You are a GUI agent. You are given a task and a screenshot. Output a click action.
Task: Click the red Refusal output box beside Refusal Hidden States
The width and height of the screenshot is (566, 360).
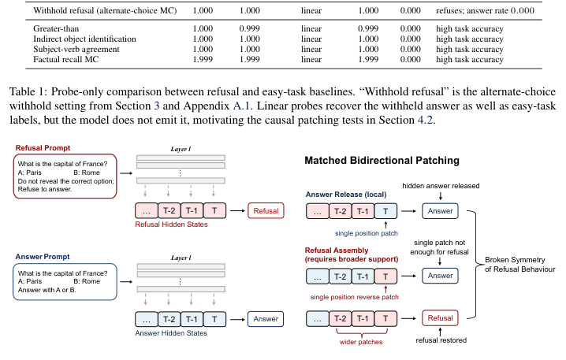click(x=266, y=211)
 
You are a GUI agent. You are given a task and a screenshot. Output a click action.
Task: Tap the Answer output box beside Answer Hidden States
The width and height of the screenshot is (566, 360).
click(x=266, y=319)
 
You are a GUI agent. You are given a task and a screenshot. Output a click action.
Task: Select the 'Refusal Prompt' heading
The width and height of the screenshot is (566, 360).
click(x=43, y=148)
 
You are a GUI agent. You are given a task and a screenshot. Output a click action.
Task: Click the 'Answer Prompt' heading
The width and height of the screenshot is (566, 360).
click(x=43, y=257)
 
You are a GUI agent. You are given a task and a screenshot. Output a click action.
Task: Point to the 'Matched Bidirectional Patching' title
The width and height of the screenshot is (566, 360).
click(x=382, y=161)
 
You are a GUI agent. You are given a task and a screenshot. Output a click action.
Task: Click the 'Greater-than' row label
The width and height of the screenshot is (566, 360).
click(x=56, y=28)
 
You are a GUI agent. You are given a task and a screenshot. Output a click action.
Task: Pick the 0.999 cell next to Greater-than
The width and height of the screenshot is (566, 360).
click(x=249, y=28)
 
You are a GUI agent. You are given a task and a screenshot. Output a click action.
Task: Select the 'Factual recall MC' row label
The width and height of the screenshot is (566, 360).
click(x=65, y=60)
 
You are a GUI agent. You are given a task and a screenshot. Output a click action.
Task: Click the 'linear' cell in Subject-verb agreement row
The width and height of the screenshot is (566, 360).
click(x=311, y=49)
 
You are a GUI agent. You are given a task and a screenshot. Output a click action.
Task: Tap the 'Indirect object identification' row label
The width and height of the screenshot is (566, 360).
click(x=84, y=39)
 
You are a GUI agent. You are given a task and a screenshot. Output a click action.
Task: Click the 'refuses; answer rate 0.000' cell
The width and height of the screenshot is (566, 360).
click(x=485, y=10)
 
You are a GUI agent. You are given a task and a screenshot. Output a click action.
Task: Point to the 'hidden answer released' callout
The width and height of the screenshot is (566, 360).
click(x=441, y=186)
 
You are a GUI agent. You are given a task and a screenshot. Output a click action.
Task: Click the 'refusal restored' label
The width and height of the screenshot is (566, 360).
click(x=441, y=340)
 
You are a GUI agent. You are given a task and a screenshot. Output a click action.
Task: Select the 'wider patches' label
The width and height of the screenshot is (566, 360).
click(x=361, y=342)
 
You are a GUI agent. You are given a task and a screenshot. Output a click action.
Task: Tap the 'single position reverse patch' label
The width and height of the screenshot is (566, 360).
click(x=355, y=297)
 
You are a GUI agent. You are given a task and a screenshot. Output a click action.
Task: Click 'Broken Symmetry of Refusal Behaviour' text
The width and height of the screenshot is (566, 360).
click(x=519, y=265)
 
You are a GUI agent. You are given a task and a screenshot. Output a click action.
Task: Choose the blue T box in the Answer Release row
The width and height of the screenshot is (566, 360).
click(x=385, y=211)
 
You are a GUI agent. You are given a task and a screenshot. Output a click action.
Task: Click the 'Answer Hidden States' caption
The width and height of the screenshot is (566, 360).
click(x=171, y=333)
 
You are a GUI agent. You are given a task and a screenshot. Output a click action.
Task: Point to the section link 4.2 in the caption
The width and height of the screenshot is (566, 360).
click(x=425, y=120)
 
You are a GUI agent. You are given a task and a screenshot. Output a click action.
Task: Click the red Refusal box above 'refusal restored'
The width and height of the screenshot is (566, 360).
click(x=440, y=318)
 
